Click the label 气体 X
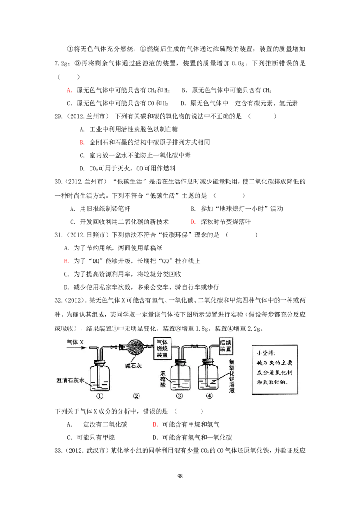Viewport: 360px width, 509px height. (x=75, y=342)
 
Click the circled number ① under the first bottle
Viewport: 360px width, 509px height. (x=99, y=396)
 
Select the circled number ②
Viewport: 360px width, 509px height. (x=136, y=396)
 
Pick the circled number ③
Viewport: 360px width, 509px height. (x=180, y=396)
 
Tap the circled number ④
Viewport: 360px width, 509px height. (x=209, y=396)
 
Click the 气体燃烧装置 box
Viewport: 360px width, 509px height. (x=162, y=348)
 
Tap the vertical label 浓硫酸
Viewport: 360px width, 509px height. (x=164, y=380)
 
